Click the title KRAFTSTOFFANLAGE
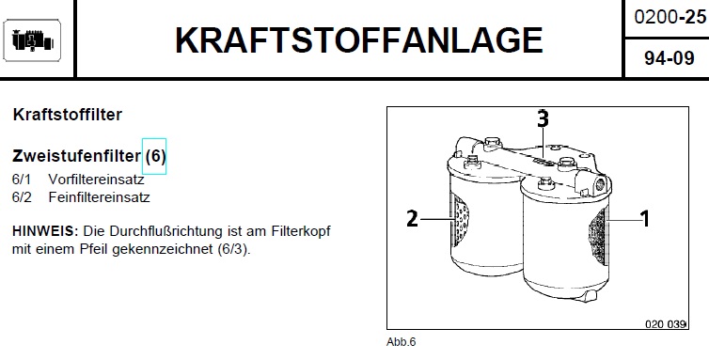pyautogui.click(x=358, y=40)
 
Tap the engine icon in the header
pyautogui.click(x=32, y=40)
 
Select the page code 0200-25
pyautogui.click(x=670, y=17)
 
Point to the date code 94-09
pyautogui.click(x=670, y=58)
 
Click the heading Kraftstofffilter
pyautogui.click(x=68, y=115)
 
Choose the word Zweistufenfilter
pyautogui.click(x=76, y=156)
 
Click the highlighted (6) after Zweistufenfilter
pyautogui.click(x=154, y=156)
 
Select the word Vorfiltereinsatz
pyautogui.click(x=96, y=180)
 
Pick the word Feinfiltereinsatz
pyautogui.click(x=99, y=197)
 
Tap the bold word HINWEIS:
pyautogui.click(x=46, y=231)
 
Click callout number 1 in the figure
pyautogui.click(x=645, y=219)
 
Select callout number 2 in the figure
pyautogui.click(x=413, y=219)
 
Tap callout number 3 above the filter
pyautogui.click(x=544, y=119)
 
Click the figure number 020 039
pyautogui.click(x=665, y=324)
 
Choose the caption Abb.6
pyautogui.click(x=401, y=342)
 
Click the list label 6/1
pyautogui.click(x=22, y=180)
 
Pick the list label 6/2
pyautogui.click(x=22, y=197)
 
